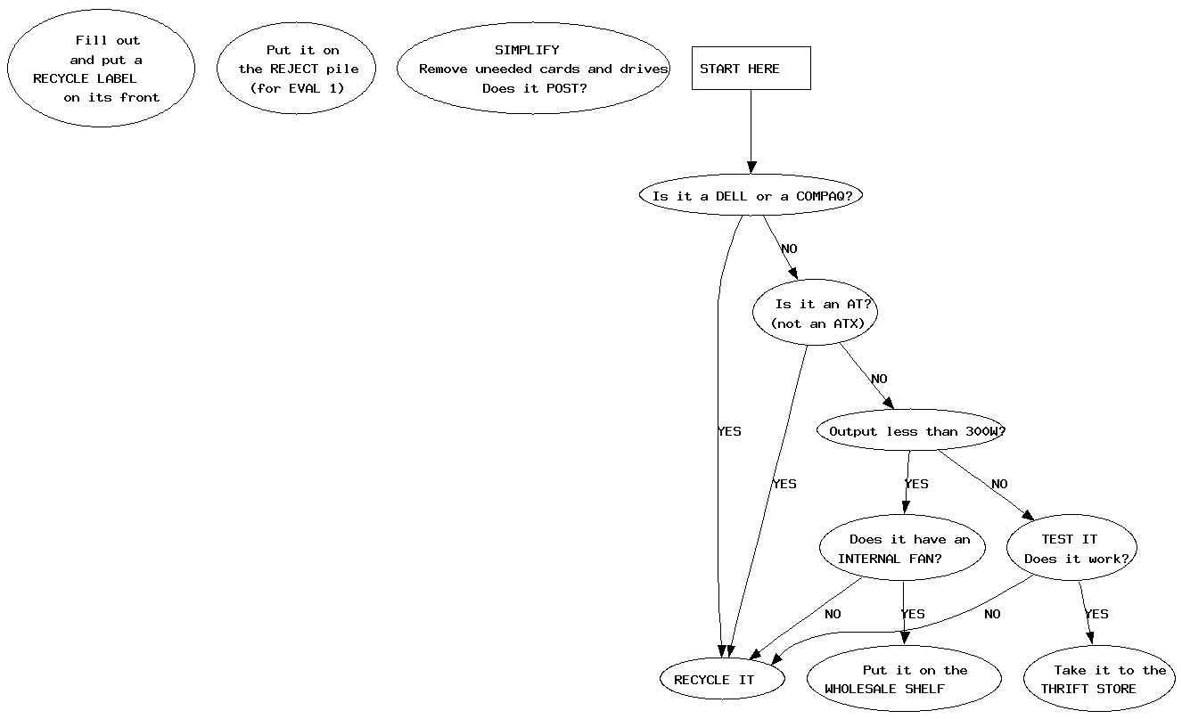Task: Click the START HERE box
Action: coord(751,69)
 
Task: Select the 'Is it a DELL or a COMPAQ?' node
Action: coord(751,196)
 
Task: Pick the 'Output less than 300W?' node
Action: coord(911,431)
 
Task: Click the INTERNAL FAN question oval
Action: coord(902,549)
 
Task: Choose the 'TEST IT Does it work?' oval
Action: coord(1071,549)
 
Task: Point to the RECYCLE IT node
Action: coord(723,680)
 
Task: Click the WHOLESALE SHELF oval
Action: coord(903,679)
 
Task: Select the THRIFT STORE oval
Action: coord(1100,679)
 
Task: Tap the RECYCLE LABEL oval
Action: coord(101,69)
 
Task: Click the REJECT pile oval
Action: coord(296,69)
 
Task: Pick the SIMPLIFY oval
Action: coord(533,69)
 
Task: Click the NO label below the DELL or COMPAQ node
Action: coord(789,249)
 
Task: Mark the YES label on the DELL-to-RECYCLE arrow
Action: coord(729,431)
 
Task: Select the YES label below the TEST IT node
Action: coord(1096,614)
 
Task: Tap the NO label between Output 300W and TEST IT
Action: coord(999,485)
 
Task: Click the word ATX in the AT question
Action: coord(846,323)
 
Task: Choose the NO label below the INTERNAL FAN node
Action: coord(833,614)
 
